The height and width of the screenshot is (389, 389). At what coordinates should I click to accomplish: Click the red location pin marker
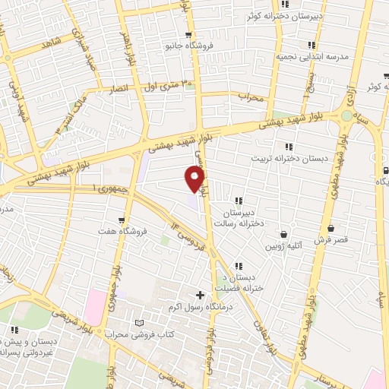[x=195, y=180]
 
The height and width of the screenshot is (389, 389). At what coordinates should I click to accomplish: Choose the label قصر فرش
[x=332, y=239]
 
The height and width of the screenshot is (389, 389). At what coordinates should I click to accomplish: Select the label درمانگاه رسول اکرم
[x=201, y=308]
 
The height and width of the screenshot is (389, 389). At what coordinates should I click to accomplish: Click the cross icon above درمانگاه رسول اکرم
[x=201, y=295]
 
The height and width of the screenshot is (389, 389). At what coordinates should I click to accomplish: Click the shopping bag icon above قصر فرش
[x=331, y=227]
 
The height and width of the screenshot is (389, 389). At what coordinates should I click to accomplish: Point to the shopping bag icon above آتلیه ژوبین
[x=284, y=234]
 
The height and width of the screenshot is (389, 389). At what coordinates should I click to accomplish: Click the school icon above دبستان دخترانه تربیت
[x=288, y=147]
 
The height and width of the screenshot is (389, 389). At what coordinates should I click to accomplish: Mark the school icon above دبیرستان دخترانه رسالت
[x=239, y=201]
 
